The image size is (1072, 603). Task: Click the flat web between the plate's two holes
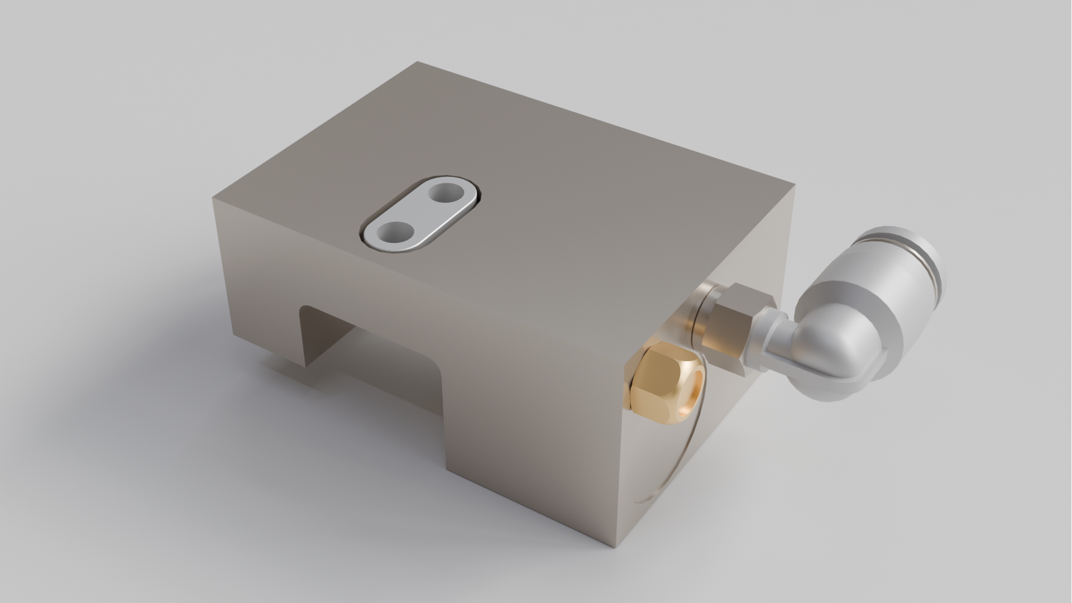(x=420, y=213)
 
